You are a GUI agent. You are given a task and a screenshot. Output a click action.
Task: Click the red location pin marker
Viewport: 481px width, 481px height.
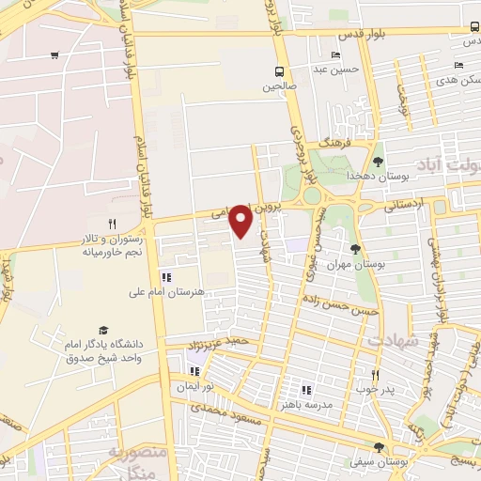point(241,221)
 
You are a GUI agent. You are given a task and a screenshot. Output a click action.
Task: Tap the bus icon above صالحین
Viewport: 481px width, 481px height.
point(279,71)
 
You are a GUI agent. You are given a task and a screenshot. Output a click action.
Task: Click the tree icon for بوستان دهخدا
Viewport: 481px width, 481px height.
point(379,162)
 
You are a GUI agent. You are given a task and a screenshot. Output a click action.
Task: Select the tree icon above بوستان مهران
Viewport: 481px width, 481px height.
point(355,249)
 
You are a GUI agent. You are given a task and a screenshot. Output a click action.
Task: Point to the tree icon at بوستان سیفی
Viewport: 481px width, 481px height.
point(378,448)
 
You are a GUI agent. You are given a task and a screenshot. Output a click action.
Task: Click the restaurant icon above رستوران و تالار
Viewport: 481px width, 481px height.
point(113,224)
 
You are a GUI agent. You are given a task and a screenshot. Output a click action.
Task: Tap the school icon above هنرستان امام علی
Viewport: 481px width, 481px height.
point(166,277)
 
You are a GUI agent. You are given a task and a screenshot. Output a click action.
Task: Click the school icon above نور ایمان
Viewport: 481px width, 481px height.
point(195,371)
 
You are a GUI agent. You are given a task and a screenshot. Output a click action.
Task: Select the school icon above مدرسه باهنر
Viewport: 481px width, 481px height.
point(305,390)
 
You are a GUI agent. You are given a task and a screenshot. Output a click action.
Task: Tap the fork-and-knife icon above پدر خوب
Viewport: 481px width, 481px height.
point(374,375)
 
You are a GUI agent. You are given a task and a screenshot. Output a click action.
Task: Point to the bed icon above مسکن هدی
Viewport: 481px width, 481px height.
point(458,65)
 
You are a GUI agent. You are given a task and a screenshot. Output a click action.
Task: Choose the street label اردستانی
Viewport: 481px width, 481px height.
point(404,202)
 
